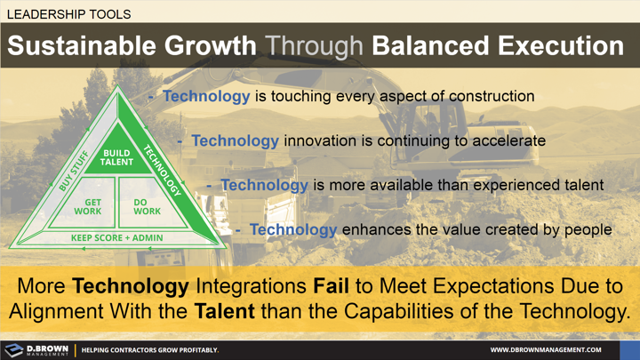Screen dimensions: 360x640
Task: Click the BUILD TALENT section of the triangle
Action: click(117, 158)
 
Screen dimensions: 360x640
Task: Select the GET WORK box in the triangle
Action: click(93, 206)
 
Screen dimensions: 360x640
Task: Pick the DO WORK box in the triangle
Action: click(147, 206)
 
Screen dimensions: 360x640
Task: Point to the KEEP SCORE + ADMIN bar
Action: click(117, 238)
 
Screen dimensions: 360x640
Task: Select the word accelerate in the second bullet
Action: click(507, 140)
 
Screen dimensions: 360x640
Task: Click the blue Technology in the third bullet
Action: click(264, 185)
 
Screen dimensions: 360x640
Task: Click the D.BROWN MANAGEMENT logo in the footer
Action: click(36, 349)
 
